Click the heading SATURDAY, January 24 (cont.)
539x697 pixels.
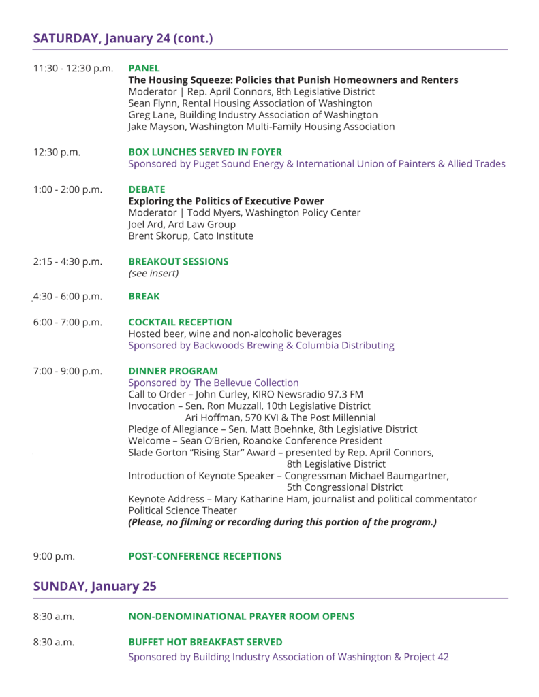(x=123, y=38)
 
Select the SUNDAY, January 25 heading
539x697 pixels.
(x=95, y=585)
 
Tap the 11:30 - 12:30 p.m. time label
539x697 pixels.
(x=73, y=68)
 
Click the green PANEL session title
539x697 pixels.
(x=144, y=68)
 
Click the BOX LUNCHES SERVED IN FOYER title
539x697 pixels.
(x=205, y=152)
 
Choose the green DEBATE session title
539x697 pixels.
(x=147, y=189)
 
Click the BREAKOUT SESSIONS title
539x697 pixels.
(x=179, y=261)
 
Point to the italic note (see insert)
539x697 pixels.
(x=153, y=274)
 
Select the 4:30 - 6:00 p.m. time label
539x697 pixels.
(x=67, y=297)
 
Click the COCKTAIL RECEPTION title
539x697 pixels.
(x=180, y=322)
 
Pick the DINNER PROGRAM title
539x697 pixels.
(x=173, y=371)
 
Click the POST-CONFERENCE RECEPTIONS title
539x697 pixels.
(x=205, y=556)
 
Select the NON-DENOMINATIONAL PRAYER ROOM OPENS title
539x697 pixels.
(x=241, y=617)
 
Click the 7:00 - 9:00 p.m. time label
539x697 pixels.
(x=67, y=371)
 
